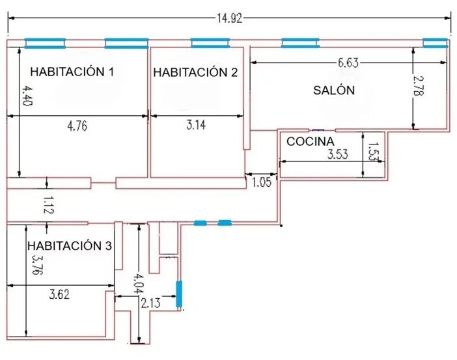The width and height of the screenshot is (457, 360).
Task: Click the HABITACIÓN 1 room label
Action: click(x=72, y=72)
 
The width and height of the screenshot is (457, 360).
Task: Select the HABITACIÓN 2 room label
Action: click(x=195, y=72)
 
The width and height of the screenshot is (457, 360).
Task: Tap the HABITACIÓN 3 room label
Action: click(x=70, y=246)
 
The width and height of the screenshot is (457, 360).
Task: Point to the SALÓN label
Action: click(x=334, y=90)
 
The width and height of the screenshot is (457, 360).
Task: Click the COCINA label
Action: click(x=311, y=141)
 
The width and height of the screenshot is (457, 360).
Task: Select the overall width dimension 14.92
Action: click(x=228, y=18)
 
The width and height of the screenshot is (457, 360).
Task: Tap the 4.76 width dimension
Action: click(x=77, y=126)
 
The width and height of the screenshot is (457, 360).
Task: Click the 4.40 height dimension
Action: click(x=28, y=96)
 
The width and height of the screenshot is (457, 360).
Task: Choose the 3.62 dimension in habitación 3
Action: click(x=59, y=294)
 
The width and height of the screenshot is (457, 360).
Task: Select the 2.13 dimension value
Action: click(x=152, y=303)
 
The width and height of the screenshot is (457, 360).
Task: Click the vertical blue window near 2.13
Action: click(x=179, y=294)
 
